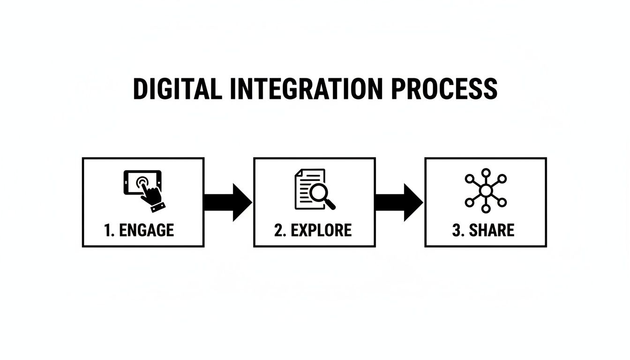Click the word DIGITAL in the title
click(x=177, y=89)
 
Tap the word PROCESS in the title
click(x=443, y=89)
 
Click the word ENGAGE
click(x=147, y=230)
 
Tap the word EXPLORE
click(x=321, y=230)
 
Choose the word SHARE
click(x=492, y=230)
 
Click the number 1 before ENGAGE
click(x=108, y=230)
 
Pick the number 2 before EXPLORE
click(x=279, y=230)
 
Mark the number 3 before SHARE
click(x=457, y=230)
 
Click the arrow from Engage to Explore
click(x=228, y=202)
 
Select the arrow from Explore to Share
click(x=399, y=202)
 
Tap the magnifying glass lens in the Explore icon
click(x=321, y=192)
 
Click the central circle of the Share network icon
click(x=486, y=190)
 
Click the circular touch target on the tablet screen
click(x=142, y=181)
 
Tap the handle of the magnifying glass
click(x=330, y=203)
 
